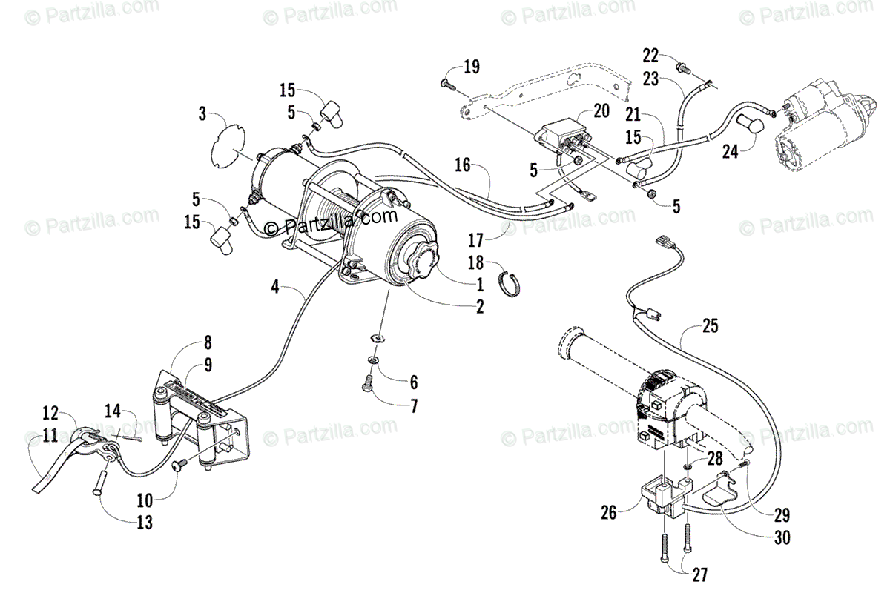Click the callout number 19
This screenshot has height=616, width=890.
tap(472, 67)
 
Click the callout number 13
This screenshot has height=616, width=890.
tap(145, 523)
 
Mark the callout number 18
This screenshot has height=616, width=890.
tap(476, 263)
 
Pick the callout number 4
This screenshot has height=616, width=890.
tap(276, 285)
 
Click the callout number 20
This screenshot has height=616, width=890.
tap(601, 110)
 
